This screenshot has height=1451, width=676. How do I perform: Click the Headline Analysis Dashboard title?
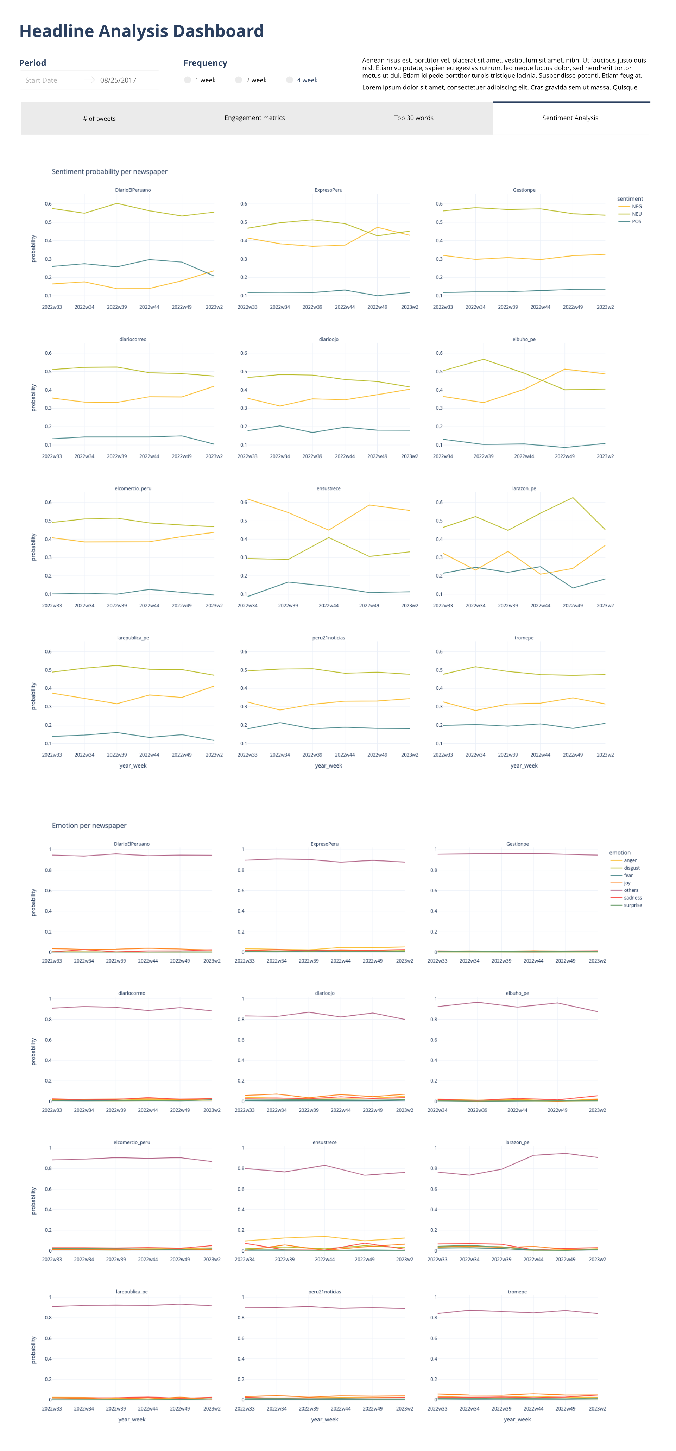[141, 31]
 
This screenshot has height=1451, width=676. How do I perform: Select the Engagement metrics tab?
[255, 118]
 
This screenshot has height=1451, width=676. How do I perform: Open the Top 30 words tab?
[413, 118]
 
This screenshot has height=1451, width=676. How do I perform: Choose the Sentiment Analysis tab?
[570, 118]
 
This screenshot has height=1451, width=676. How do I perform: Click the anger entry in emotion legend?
[630, 860]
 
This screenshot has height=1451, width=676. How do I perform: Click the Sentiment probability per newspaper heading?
[109, 172]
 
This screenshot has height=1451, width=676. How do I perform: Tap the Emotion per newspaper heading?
[89, 826]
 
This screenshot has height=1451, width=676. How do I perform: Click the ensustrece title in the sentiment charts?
[328, 489]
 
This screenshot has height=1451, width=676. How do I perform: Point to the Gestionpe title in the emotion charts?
[517, 844]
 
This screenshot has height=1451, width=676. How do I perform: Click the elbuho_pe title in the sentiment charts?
[524, 340]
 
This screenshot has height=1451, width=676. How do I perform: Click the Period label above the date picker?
[33, 63]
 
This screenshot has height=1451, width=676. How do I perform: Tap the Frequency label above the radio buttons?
[205, 63]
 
